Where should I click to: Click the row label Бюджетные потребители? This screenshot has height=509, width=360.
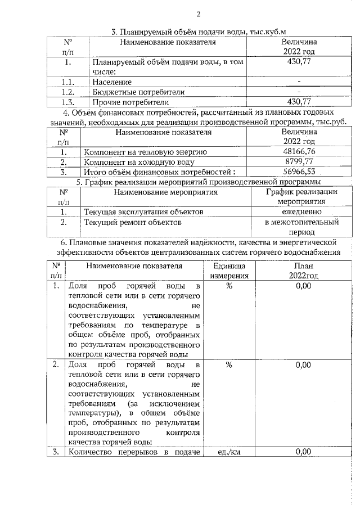[139, 92]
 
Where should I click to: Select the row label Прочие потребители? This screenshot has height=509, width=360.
[131, 102]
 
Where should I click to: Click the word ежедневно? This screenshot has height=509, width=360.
[301, 212]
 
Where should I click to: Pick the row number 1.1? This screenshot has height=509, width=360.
[67, 82]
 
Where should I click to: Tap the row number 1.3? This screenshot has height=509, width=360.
[67, 102]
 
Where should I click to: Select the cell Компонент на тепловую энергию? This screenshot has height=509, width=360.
[146, 152]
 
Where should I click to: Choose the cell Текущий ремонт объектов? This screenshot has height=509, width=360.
[132, 223]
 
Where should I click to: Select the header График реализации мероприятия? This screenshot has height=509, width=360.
[301, 197]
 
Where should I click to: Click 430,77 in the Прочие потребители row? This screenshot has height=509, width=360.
[299, 102]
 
